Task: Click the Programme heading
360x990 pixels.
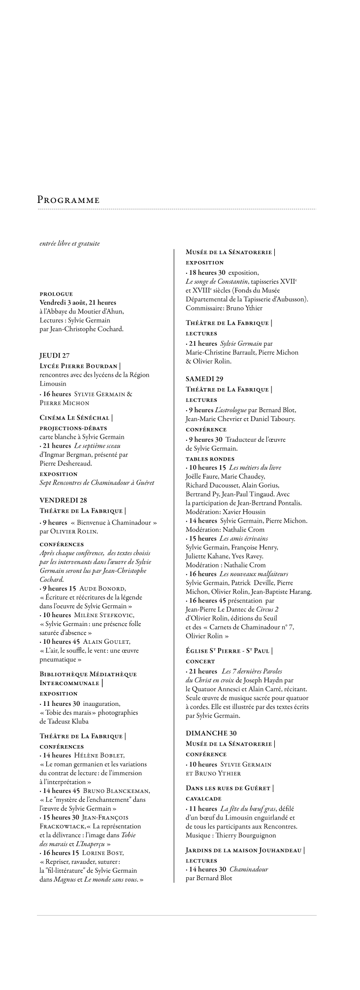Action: click(68, 200)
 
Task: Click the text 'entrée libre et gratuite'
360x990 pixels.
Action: click(69, 243)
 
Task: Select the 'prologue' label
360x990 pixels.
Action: click(56, 294)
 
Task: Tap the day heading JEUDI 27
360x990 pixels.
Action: click(55, 355)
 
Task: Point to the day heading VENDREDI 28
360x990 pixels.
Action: click(63, 500)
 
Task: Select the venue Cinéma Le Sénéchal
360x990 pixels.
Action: click(75, 418)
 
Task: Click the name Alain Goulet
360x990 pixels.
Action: click(106, 641)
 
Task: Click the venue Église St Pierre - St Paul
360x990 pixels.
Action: click(228, 651)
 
